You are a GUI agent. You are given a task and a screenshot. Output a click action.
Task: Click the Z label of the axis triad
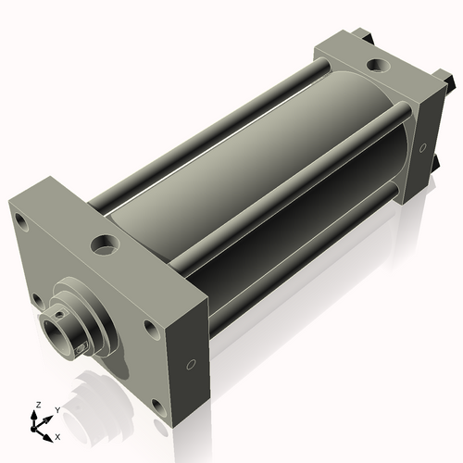(39, 405)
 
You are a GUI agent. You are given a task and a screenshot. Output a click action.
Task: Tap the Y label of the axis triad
(57, 410)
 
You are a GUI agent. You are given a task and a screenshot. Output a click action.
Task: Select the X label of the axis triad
(57, 437)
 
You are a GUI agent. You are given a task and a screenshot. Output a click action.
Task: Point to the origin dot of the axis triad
(33, 429)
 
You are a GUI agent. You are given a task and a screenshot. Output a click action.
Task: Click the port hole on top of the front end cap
(105, 244)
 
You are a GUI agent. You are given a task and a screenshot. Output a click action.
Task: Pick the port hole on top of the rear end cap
(378, 65)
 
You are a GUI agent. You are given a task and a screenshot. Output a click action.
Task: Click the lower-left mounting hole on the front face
(37, 302)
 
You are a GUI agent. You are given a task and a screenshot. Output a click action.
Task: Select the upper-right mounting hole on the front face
(152, 329)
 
